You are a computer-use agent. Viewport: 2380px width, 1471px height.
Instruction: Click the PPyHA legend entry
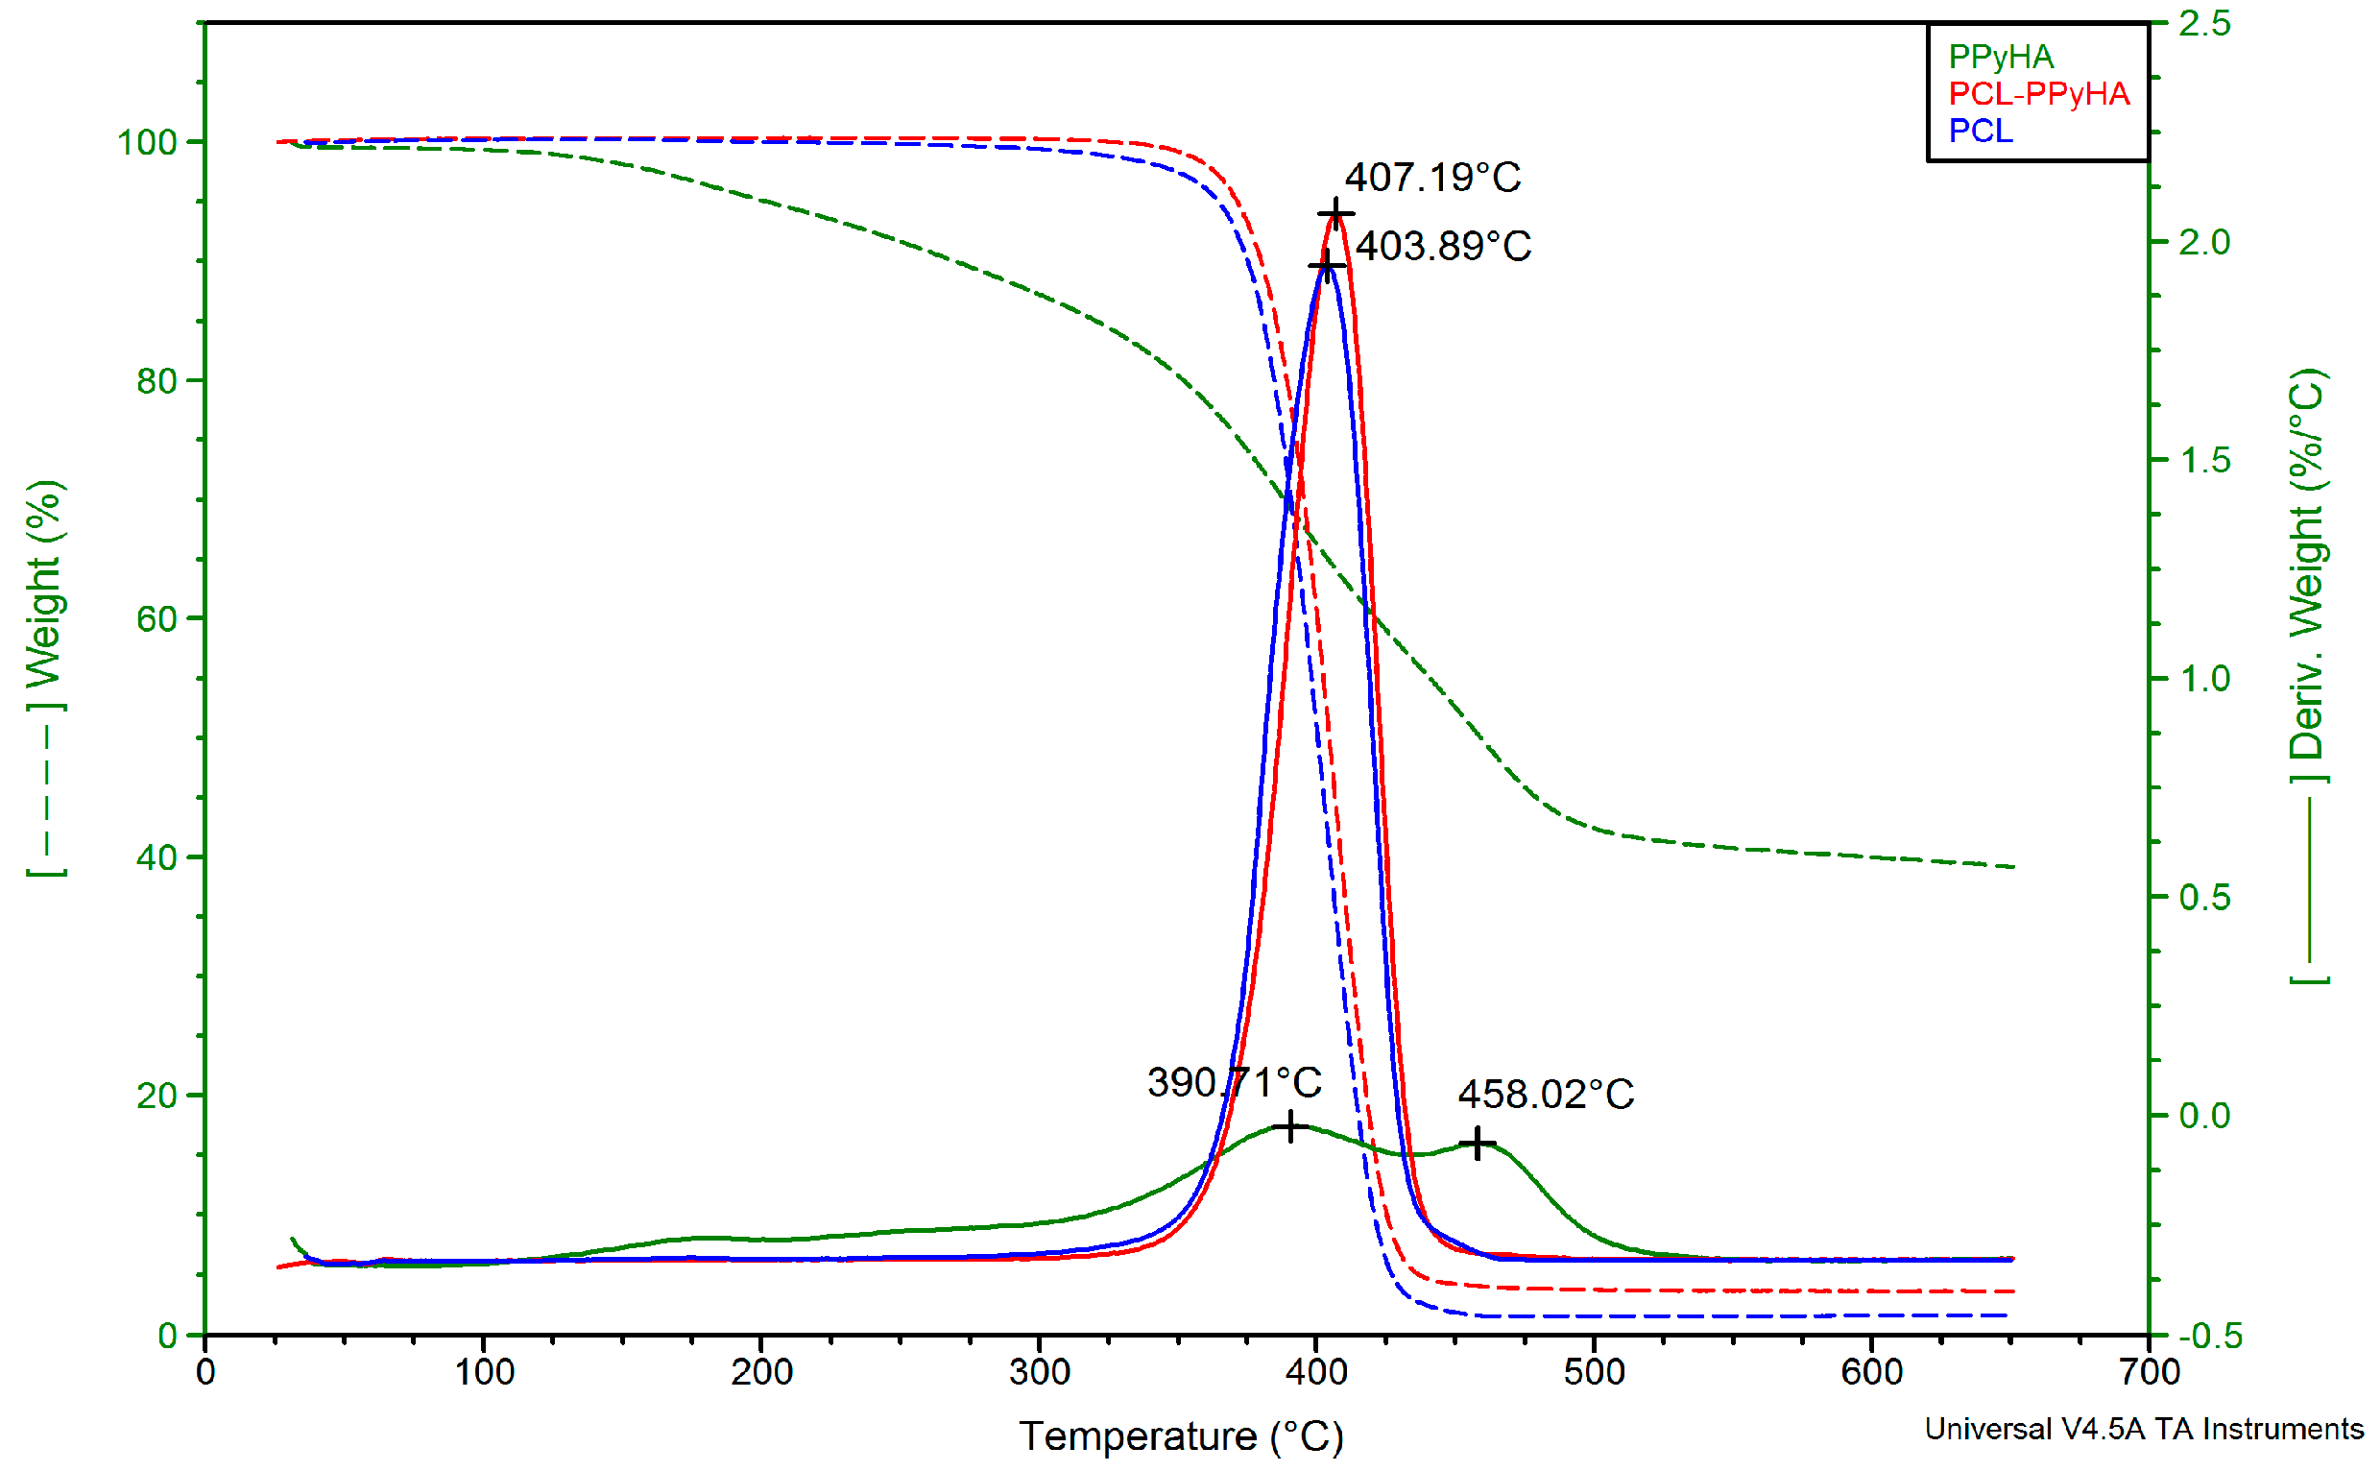(x=2000, y=57)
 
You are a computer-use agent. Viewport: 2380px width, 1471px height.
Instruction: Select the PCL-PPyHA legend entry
(x=2037, y=93)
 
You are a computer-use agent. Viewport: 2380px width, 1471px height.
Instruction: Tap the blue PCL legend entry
(x=1980, y=131)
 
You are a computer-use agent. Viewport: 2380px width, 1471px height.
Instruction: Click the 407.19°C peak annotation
(x=1431, y=177)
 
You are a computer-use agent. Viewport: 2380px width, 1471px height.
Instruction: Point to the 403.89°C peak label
(x=1442, y=246)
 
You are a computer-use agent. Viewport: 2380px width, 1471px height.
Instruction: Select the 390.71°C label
(x=1234, y=1082)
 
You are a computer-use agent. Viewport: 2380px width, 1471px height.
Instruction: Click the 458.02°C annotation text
(x=1545, y=1094)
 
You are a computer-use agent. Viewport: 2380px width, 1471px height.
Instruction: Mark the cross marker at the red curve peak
(x=1335, y=214)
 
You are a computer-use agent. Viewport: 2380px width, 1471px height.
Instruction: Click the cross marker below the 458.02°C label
(x=1477, y=1143)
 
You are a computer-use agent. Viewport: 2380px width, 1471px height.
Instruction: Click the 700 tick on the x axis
(x=2148, y=1373)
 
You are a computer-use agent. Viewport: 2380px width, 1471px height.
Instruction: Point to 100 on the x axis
(x=483, y=1373)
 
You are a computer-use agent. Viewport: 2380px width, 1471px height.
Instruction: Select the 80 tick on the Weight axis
(x=156, y=380)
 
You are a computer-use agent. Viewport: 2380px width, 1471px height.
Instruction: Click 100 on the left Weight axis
(x=147, y=143)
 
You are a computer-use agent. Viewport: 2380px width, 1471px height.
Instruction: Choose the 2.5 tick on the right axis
(x=2204, y=23)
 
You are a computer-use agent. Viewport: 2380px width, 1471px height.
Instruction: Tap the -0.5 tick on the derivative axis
(x=2204, y=1336)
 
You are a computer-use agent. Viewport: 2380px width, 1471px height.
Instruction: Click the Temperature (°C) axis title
(x=1181, y=1436)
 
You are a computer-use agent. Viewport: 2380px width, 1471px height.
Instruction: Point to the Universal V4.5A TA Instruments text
(x=2143, y=1428)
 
